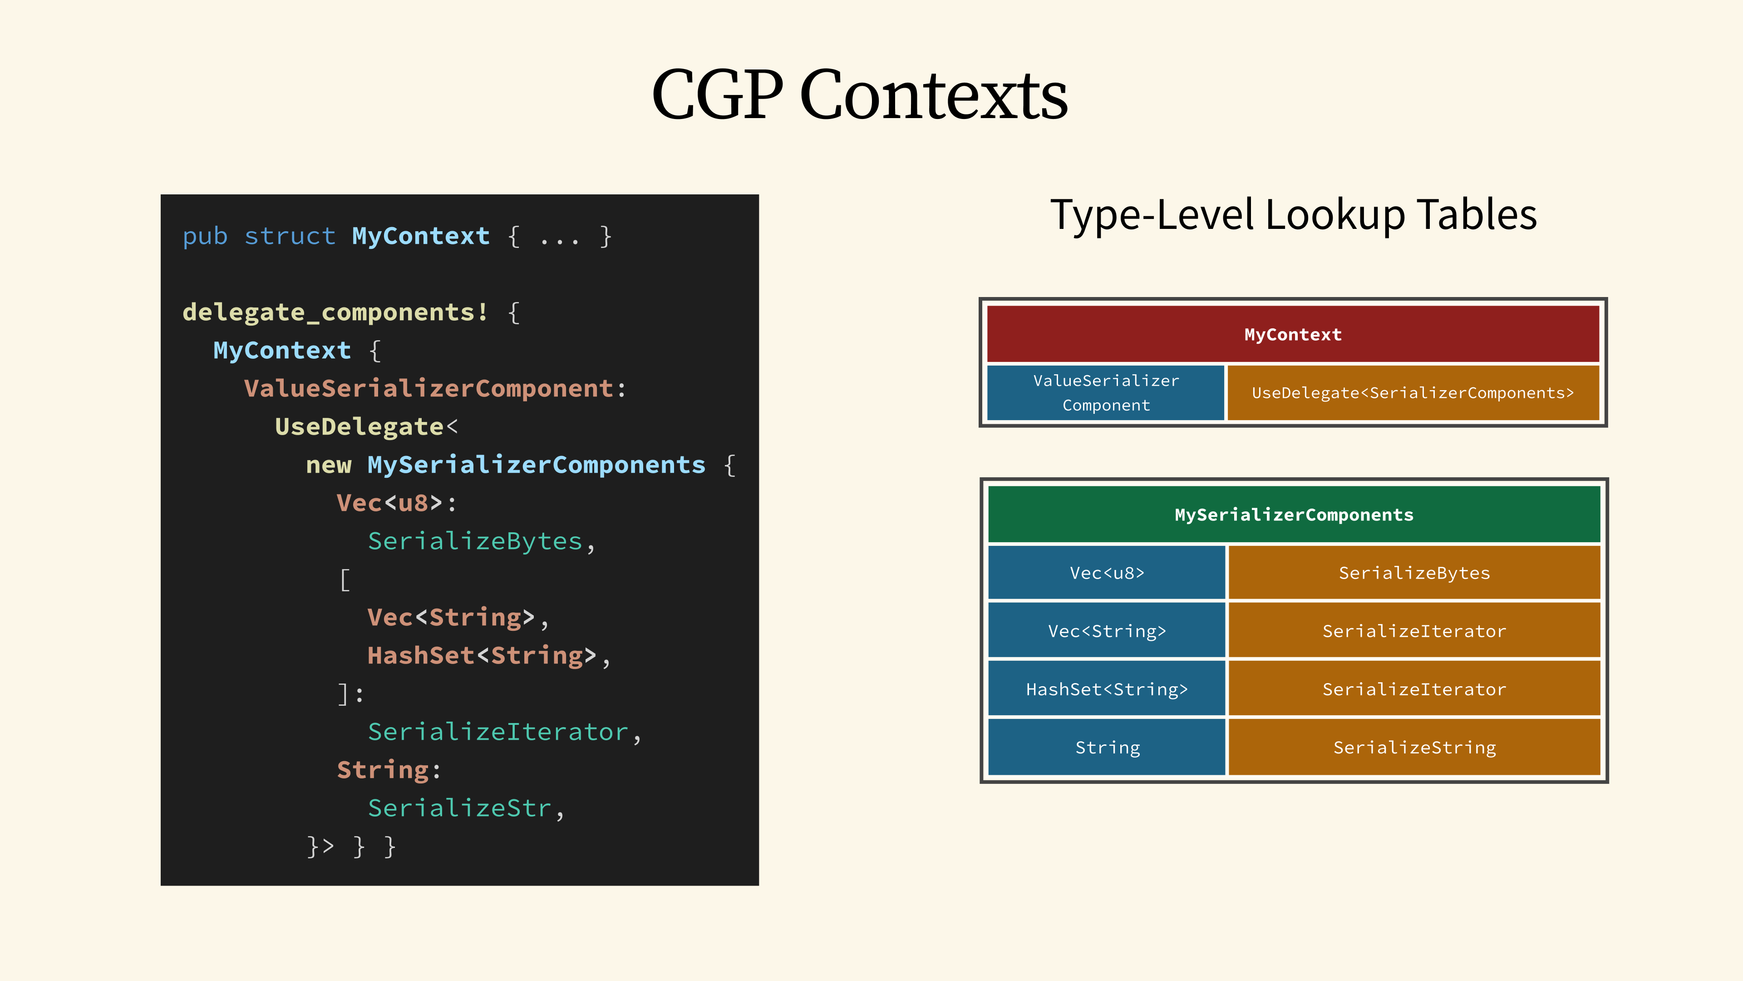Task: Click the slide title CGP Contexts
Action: pos(859,95)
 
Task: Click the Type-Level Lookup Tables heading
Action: pos(1293,215)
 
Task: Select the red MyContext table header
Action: pos(1293,334)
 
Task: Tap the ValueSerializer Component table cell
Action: pos(1106,393)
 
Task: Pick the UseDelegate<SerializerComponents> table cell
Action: pos(1413,393)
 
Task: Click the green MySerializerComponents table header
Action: pos(1294,515)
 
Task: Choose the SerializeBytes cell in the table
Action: pos(1414,573)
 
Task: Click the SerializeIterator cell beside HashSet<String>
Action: pos(1414,689)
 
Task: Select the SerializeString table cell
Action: pos(1414,748)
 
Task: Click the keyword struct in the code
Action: pos(290,236)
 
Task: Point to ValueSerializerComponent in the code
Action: pos(429,389)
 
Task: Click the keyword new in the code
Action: pos(329,465)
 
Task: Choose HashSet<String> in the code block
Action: pos(482,655)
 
